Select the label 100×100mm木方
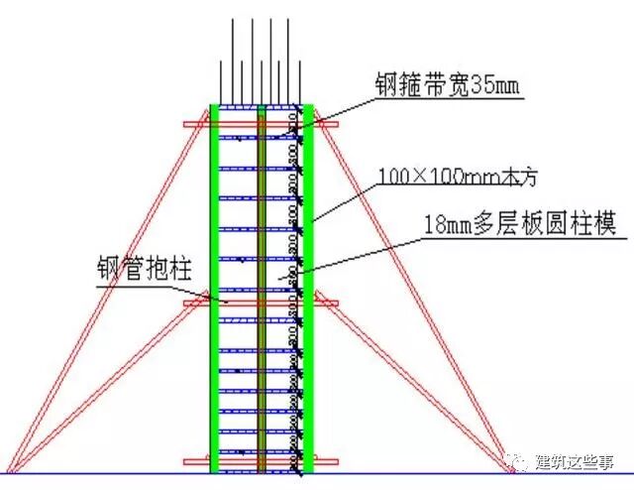coord(448,178)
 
